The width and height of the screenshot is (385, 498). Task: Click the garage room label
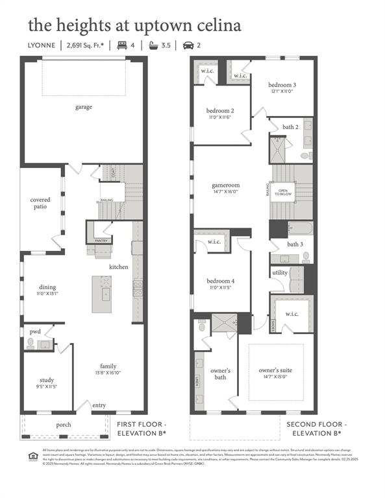(83, 107)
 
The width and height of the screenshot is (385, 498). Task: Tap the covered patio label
(40, 204)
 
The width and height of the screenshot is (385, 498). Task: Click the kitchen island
(101, 294)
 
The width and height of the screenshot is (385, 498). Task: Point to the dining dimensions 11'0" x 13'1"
(47, 294)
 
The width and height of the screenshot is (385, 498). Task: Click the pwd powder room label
(34, 331)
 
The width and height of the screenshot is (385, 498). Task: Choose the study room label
(46, 380)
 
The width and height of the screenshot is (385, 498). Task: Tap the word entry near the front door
(99, 405)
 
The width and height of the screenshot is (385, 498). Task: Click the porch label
(64, 425)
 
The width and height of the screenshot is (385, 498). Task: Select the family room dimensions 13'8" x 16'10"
(108, 373)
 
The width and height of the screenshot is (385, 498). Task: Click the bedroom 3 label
(282, 85)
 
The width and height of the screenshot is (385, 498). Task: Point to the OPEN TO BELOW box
(282, 192)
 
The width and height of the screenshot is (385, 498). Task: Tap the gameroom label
(225, 185)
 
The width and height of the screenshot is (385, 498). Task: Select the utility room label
(280, 273)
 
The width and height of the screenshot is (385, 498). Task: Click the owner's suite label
(276, 370)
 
